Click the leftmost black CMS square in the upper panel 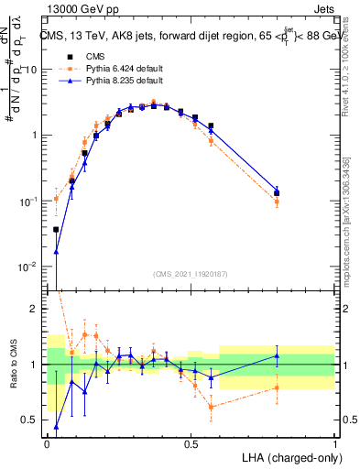(x=56, y=230)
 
